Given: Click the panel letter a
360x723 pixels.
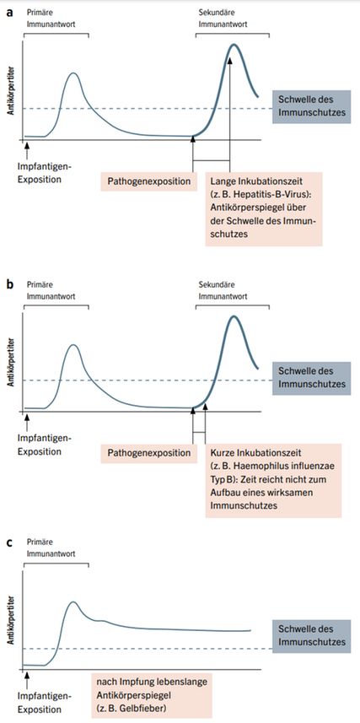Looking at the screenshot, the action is (9, 13).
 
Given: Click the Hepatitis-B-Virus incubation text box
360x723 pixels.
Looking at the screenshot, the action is (264, 209).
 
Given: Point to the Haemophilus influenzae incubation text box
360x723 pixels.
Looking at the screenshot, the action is (273, 481).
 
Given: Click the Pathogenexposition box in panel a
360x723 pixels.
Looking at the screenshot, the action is (149, 181).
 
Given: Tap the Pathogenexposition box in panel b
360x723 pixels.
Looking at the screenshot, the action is (149, 453).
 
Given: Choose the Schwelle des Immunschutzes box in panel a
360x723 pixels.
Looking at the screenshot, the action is (309, 105).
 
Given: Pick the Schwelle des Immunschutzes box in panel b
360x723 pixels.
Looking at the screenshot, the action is (309, 377).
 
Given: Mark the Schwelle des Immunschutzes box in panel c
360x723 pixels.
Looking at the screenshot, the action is (309, 635).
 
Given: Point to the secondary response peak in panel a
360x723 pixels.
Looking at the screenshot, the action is (234, 45).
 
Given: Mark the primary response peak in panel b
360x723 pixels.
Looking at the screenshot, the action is (72, 345).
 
